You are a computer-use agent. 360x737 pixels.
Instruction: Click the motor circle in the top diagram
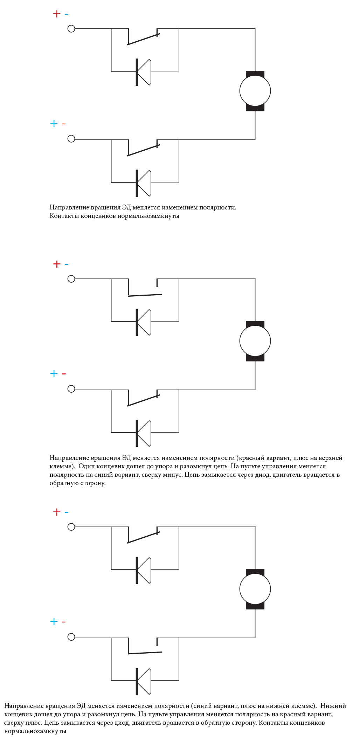[255, 91]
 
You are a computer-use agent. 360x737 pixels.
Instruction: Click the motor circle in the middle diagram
[255, 341]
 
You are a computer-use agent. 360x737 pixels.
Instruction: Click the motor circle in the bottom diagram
[255, 589]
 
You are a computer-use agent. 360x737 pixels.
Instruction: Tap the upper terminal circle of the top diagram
[71, 29]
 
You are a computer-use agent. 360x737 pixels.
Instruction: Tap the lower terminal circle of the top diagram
[71, 139]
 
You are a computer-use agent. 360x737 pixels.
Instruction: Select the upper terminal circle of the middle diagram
[71, 279]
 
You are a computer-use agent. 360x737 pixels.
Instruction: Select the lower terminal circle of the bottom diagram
[71, 637]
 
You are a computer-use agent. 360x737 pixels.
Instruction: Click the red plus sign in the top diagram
[56, 14]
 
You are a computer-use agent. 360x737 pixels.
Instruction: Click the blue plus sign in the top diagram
[54, 123]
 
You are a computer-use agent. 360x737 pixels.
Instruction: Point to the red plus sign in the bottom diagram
[56, 512]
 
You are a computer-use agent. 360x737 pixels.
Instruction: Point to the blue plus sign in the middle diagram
[54, 373]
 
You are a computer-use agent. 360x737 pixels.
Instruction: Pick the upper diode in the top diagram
[144, 72]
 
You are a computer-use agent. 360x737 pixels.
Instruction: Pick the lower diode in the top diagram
[144, 183]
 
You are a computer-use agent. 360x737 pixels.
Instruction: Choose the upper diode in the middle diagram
[144, 322]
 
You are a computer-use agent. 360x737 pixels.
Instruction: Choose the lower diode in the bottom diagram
[144, 681]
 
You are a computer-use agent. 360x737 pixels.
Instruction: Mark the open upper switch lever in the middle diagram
[145, 295]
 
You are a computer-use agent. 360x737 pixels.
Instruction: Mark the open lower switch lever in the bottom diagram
[145, 653]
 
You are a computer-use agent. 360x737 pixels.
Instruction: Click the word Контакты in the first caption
[64, 216]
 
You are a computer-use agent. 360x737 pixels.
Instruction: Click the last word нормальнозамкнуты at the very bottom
[35, 731]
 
